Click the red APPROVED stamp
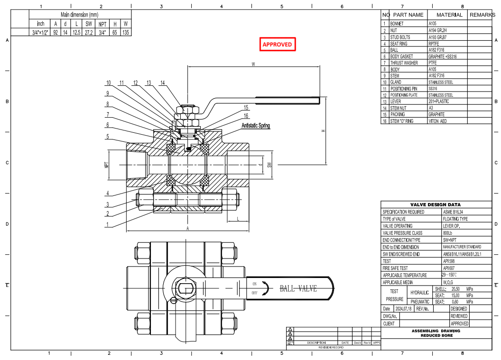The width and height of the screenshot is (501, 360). point(278,44)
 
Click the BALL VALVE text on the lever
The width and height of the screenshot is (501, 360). point(298,288)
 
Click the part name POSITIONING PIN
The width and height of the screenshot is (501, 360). point(403,89)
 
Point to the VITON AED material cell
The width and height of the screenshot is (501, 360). point(437,121)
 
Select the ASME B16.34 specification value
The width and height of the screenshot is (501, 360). point(454,212)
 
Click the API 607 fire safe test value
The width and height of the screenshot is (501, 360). point(449,268)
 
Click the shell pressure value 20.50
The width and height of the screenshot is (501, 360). point(456,289)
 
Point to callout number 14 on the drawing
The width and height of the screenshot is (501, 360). point(162,83)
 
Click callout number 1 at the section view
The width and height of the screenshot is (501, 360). point(108,224)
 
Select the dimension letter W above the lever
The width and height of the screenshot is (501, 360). point(253,64)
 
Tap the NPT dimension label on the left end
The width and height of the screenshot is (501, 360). point(106,165)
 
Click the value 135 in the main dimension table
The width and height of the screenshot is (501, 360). point(125,32)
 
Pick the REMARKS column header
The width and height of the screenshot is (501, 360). point(482,15)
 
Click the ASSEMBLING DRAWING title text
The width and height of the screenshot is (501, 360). point(436,331)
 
